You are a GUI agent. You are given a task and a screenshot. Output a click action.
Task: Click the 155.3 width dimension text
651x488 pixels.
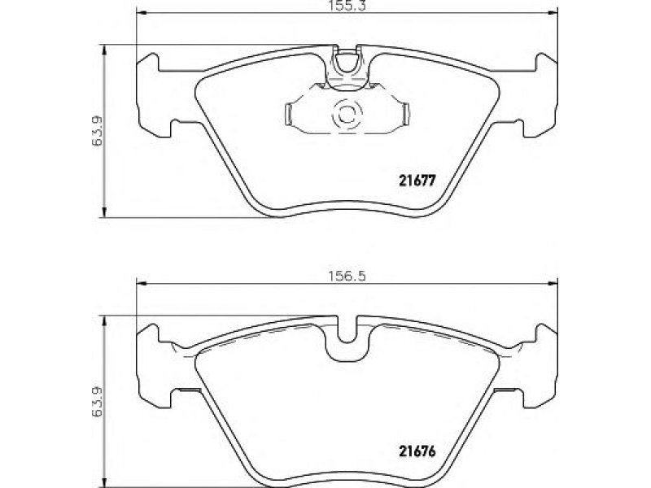(x=347, y=6)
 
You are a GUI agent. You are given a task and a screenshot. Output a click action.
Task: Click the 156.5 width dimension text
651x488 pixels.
(x=347, y=276)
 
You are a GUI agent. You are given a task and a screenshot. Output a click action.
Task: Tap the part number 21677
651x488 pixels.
(x=417, y=181)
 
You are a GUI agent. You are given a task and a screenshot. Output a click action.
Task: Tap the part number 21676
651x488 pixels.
(x=417, y=451)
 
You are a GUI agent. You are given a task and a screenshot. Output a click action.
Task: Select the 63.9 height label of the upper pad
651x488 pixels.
(x=97, y=130)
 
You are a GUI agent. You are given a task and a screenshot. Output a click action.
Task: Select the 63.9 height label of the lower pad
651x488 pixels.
(x=97, y=401)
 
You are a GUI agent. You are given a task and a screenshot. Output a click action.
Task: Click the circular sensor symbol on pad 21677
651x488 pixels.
(x=347, y=114)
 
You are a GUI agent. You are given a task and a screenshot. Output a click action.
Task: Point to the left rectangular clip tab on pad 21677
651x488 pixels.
(x=289, y=114)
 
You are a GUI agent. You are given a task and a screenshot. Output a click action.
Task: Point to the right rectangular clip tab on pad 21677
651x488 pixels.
(x=404, y=114)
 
